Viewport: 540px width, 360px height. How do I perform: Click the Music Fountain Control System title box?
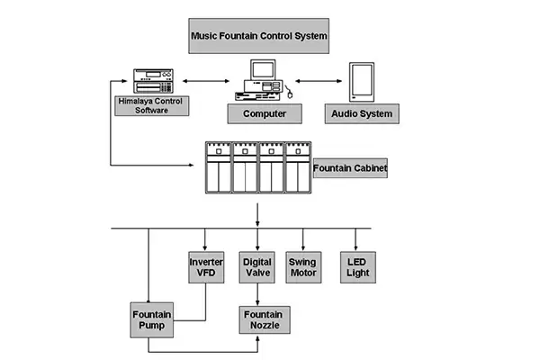click(258, 38)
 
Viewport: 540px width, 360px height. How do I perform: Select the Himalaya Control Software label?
click(149, 105)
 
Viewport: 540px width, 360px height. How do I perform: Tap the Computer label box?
click(264, 114)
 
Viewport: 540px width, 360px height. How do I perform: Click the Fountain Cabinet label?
click(349, 167)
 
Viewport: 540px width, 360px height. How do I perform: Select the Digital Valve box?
click(257, 267)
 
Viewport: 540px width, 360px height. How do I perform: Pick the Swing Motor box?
click(306, 267)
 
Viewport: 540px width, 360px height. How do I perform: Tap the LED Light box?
click(356, 267)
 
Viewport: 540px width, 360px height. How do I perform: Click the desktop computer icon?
click(264, 80)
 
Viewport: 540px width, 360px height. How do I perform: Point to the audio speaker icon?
click(362, 81)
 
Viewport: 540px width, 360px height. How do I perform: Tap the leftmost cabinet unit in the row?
click(218, 166)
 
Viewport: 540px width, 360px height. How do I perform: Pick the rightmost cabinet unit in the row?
click(296, 166)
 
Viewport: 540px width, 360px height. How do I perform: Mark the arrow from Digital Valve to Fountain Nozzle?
click(258, 295)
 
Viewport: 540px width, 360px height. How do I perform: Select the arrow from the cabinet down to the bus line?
click(258, 214)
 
